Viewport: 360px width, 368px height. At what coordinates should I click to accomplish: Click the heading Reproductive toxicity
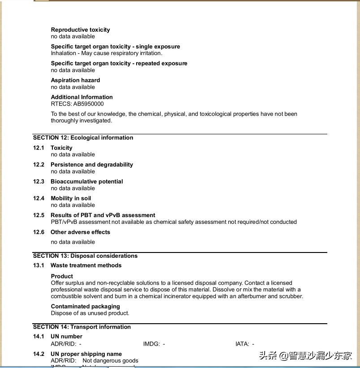80,30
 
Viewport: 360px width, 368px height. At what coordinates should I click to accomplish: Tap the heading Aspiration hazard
75,81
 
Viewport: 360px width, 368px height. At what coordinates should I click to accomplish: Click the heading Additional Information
81,97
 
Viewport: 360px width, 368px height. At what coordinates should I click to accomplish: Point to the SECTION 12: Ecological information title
83,138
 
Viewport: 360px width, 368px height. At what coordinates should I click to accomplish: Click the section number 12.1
39,148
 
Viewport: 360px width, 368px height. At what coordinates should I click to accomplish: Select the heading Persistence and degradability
91,165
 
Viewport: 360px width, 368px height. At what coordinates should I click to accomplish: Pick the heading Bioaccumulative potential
86,182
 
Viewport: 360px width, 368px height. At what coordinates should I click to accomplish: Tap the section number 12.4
39,198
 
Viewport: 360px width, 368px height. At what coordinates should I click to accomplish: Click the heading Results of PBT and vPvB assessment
103,215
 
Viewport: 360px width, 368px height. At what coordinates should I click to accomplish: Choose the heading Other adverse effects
80,232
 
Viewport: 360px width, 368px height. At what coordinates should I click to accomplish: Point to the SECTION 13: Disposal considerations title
85,256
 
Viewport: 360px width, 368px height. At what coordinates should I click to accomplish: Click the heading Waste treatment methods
86,265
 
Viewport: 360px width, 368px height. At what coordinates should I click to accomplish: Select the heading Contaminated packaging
85,307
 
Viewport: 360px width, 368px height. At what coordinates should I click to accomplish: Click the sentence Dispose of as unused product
90,313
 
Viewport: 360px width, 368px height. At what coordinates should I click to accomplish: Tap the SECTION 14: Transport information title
81,327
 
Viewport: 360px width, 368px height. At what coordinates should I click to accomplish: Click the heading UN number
66,337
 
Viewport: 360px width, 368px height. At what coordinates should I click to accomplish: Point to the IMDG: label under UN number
151,344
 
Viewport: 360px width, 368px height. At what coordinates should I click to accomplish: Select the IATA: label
242,344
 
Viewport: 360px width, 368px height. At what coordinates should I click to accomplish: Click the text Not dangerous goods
110,361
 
